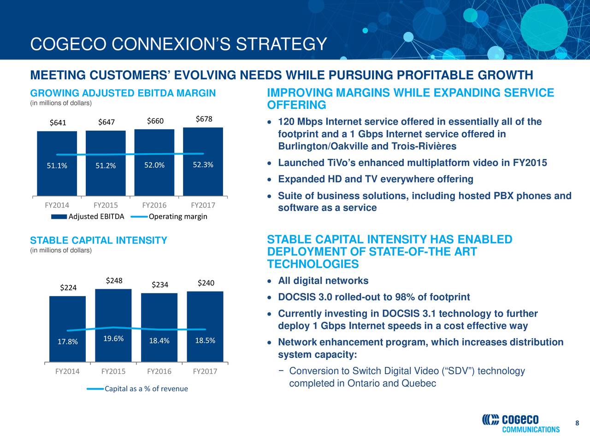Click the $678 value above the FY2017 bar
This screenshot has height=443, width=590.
pos(204,120)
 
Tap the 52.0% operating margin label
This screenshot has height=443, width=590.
pos(154,166)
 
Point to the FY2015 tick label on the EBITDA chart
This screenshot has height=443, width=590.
pos(106,205)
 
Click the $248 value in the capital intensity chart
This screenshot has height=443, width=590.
pos(114,281)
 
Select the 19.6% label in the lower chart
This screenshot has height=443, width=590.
pos(113,339)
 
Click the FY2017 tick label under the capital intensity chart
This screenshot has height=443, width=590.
pos(205,371)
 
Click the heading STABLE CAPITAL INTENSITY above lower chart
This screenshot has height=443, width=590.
pos(98,241)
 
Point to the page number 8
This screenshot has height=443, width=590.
pos(577,424)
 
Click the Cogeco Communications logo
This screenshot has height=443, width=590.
pos(521,423)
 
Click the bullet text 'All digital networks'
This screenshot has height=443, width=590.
pos(323,281)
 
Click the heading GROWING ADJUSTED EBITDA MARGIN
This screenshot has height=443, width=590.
pos(123,94)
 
